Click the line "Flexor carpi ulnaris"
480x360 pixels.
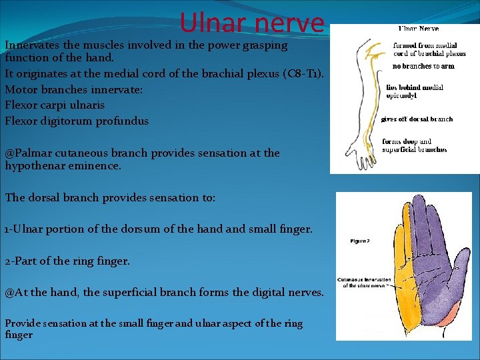tap(55, 105)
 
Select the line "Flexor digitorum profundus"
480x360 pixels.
tap(77, 121)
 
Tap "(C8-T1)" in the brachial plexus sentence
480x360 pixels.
tap(301, 73)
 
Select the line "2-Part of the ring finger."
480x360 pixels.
tap(67, 261)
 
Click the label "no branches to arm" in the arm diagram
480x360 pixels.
tap(423, 67)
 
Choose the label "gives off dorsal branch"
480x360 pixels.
tap(417, 119)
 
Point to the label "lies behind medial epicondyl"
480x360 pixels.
tap(414, 91)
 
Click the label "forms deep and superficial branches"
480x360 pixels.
tap(414, 145)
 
